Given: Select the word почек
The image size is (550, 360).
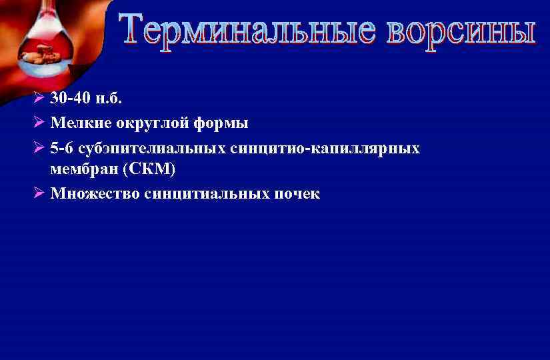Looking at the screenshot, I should [297, 194].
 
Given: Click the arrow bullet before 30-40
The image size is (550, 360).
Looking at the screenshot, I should [39, 98].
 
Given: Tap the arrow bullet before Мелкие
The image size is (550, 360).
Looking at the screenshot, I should [39, 123].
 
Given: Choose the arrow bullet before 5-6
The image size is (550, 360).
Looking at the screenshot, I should [39, 148].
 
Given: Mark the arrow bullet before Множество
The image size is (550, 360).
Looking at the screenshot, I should [39, 194].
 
